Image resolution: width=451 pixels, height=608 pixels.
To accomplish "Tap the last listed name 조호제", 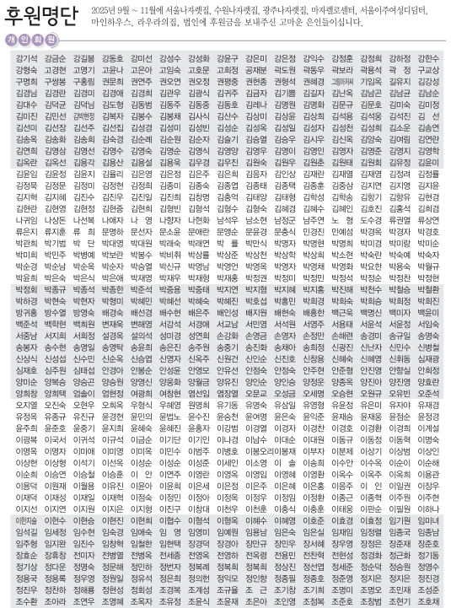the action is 427,601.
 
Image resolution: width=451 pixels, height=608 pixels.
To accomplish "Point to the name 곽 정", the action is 397,70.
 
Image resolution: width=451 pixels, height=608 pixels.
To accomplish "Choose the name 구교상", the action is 427,70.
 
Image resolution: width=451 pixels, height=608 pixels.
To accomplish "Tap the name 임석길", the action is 25,532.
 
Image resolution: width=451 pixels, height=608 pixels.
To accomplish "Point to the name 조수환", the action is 25,601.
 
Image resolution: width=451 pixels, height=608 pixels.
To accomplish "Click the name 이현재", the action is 25,520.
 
